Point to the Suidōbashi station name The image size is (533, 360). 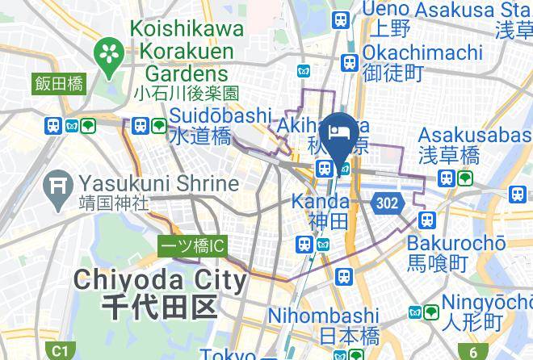click(220, 116)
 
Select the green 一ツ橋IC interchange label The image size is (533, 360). click(191, 245)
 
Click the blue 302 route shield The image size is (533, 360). click(387, 203)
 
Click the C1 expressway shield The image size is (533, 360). click(59, 351)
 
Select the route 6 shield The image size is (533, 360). click(473, 351)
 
